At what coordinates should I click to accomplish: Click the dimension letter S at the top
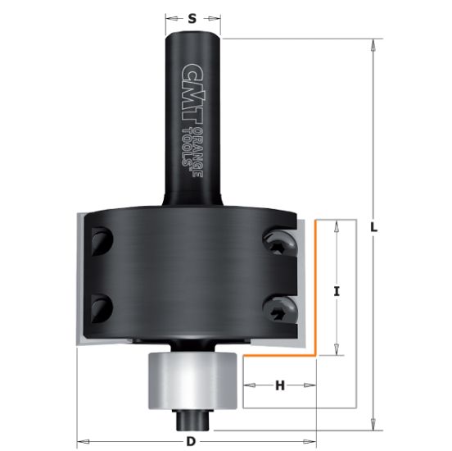click(192, 19)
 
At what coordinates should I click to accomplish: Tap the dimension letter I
click(337, 291)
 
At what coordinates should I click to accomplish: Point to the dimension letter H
click(280, 385)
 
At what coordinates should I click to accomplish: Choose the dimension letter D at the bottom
click(191, 441)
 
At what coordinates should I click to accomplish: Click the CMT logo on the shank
click(193, 94)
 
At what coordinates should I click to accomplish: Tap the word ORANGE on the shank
click(198, 153)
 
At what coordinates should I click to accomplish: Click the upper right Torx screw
click(280, 244)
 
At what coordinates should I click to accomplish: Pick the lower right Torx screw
click(279, 311)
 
